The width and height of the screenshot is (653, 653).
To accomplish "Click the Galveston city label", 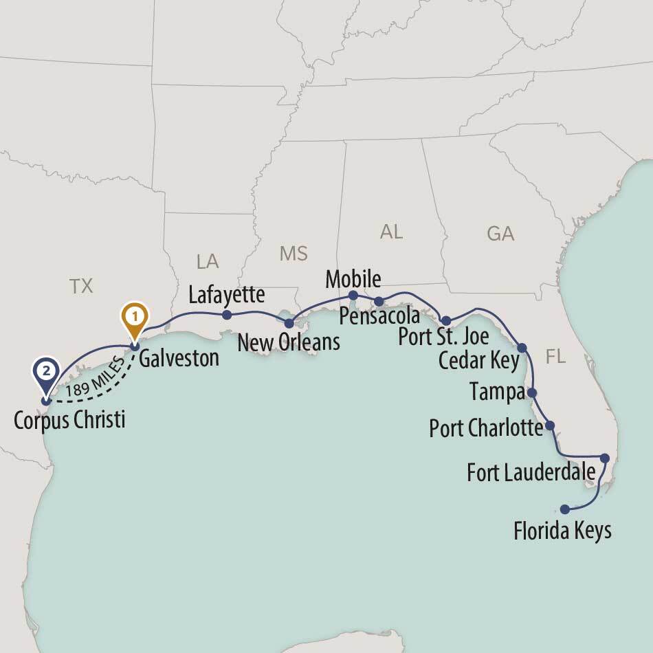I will tap(179, 358).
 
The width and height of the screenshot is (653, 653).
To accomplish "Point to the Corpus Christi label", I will tap(69, 419).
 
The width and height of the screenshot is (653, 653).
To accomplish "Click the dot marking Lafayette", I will tap(227, 316).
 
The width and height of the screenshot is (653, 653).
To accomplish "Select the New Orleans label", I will tap(289, 342).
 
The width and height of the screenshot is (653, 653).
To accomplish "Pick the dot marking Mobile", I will tap(353, 296).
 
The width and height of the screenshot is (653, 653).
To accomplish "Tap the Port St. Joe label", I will tap(443, 337).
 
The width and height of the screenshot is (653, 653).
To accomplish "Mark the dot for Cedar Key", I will tap(521, 347).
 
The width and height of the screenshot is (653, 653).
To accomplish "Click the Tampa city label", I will tap(497, 392).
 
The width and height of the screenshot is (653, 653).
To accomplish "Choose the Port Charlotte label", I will tap(486, 428).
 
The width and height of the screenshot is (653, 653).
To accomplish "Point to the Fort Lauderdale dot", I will tap(605, 458).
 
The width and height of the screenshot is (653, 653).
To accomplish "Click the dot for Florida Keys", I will tap(565, 509).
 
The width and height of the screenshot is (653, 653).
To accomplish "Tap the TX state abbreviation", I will tap(81, 286).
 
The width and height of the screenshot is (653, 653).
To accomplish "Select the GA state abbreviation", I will tap(500, 234).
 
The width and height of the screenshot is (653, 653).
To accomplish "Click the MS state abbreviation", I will tap(294, 253).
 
